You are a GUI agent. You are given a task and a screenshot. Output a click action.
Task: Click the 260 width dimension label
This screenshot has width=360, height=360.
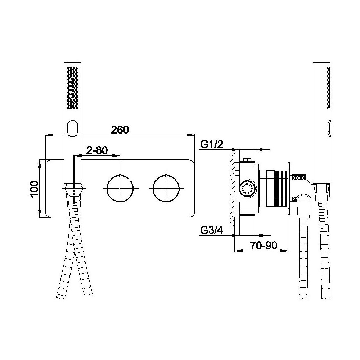pos(120,130)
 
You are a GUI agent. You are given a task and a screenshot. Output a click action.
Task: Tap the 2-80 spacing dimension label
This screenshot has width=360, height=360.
pos(97,150)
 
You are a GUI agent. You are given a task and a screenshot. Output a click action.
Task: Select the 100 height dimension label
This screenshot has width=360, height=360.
pos(35,189)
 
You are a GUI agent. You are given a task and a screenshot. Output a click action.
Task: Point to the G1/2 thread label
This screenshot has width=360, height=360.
pos(212,145)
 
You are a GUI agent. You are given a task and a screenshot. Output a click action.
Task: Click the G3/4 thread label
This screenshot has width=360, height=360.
pos(211,230)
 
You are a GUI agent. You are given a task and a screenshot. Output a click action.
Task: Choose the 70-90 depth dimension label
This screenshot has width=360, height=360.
pos(264,246)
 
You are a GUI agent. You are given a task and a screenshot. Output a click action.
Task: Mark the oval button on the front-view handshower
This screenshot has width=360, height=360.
pos(72,128)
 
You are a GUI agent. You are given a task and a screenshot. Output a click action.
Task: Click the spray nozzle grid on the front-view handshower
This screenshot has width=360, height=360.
pos(72,88)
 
